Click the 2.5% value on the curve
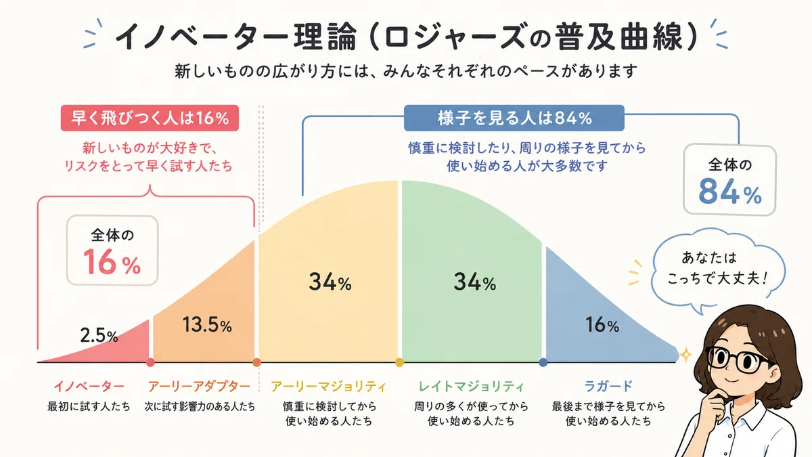click(x=99, y=336)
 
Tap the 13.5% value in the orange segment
click(x=207, y=324)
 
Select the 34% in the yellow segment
click(x=330, y=282)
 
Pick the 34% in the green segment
click(x=474, y=282)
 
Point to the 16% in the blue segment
click(x=602, y=324)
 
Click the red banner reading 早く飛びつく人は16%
click(x=150, y=118)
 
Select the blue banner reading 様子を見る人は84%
click(x=514, y=118)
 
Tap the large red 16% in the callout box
click(x=112, y=262)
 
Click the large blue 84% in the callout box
click(x=729, y=191)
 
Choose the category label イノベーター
click(x=89, y=387)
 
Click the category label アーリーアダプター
click(x=199, y=387)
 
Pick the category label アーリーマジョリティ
click(x=328, y=387)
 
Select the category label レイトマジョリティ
click(x=471, y=387)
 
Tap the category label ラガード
click(x=608, y=386)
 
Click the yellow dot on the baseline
click(x=399, y=362)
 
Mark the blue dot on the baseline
click(x=543, y=362)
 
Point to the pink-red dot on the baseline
click(x=150, y=362)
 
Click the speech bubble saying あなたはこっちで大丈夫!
click(x=718, y=270)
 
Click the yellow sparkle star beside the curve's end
click(x=685, y=355)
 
